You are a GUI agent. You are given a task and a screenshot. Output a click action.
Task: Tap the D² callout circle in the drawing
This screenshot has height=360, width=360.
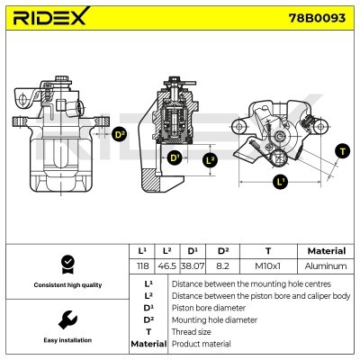[x=119, y=135]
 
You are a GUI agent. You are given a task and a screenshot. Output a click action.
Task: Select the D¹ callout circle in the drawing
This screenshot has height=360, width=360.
[x=175, y=159]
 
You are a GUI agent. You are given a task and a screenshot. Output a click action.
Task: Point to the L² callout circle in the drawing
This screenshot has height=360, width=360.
[x=210, y=160]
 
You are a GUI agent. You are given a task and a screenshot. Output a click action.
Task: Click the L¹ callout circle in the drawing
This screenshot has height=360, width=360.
[x=279, y=181]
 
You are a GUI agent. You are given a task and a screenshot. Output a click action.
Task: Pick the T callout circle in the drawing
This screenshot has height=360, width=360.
[x=342, y=150]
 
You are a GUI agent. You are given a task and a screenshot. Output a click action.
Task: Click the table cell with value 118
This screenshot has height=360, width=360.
[x=141, y=267]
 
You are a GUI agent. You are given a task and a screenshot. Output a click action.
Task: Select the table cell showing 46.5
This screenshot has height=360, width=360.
[x=166, y=267]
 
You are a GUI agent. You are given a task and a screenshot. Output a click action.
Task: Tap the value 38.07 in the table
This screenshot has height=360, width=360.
[x=192, y=267]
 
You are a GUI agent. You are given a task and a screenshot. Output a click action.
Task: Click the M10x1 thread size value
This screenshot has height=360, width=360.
[x=267, y=267]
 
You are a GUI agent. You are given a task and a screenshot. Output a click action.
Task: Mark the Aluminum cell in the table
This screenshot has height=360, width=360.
[x=325, y=267]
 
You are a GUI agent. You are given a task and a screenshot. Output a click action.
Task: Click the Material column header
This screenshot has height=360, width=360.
[x=325, y=251]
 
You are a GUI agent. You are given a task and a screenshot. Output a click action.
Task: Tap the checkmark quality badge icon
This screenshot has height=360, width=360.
[x=66, y=264]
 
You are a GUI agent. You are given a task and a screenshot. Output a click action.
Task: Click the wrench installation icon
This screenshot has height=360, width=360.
[x=66, y=319]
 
